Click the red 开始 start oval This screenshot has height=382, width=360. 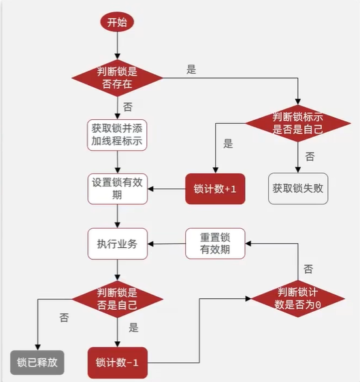coord(117,22)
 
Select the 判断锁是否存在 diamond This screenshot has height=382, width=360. coord(117,78)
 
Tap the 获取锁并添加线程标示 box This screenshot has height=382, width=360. coord(117,135)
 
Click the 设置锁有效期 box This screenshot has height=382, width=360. coord(117,189)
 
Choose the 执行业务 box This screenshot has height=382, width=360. coord(117,244)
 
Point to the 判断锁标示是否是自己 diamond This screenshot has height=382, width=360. coord(298,123)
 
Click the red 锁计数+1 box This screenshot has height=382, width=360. coord(215,189)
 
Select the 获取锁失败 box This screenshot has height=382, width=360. coord(298,189)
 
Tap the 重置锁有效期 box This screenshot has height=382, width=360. coord(215,243)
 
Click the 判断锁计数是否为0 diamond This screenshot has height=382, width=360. coord(298,299)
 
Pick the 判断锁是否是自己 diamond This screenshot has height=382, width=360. coord(117,299)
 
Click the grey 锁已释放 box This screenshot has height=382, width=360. coord(37,362)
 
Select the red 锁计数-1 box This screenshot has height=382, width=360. coord(117,363)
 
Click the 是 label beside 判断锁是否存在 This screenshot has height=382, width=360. coord(191,69)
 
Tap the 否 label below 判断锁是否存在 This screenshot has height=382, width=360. coord(128,107)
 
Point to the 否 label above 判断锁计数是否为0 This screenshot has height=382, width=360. coord(308,269)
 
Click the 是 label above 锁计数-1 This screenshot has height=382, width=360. coord(133,328)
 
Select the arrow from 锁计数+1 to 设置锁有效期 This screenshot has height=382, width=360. coord(167,189)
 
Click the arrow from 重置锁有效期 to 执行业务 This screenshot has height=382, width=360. coord(167,244)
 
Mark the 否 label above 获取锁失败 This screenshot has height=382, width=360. coord(310,157)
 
